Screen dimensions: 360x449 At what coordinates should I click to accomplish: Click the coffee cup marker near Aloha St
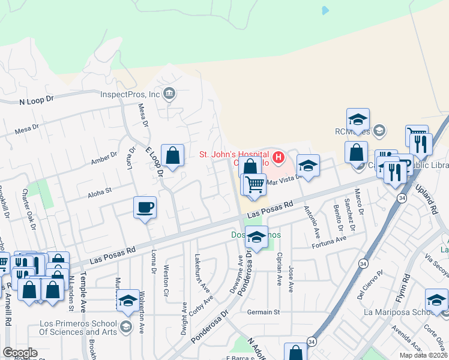pos(145,208)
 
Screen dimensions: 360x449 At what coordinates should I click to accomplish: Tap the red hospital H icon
pos(279,158)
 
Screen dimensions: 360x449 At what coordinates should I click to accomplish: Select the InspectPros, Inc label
pos(130,94)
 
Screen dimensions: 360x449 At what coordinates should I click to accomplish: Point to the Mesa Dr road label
pos(27,128)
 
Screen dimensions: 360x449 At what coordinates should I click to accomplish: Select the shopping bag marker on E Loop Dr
pos(173,156)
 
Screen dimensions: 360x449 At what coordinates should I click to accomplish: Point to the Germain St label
pos(264,312)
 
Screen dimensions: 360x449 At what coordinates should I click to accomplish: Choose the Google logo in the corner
pos(20,352)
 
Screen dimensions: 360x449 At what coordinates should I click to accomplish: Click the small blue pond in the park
pos(325,10)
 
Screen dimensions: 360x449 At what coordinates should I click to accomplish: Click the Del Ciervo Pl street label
pos(369,284)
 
